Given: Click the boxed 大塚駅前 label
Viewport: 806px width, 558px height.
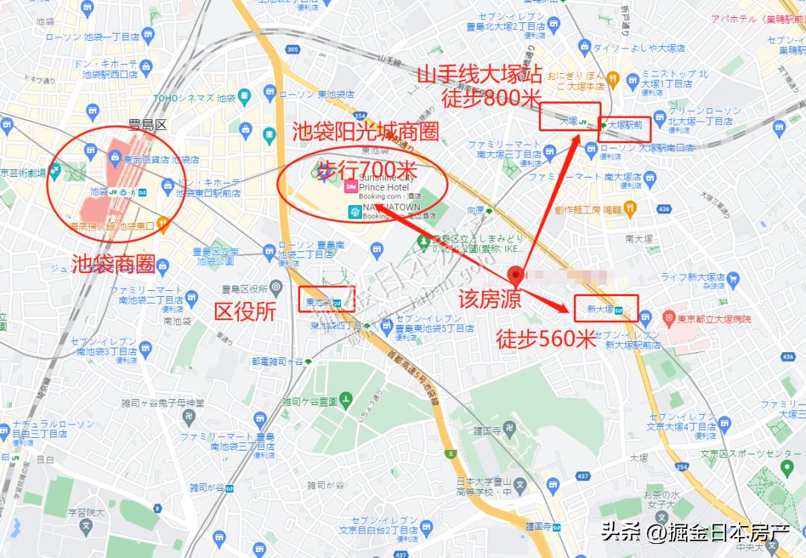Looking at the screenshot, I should coord(625,125).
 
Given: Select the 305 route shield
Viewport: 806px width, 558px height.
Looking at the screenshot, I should coord(292,50).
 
